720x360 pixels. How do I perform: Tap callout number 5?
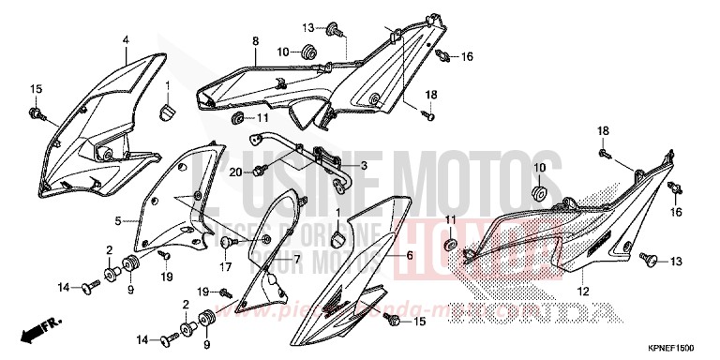pyautogui.click(x=119, y=221)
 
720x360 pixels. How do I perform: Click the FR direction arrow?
pyautogui.click(x=44, y=328)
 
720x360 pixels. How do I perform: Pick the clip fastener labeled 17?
pyautogui.click(x=226, y=242)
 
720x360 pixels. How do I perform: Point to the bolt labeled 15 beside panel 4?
pyautogui.click(x=37, y=112)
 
